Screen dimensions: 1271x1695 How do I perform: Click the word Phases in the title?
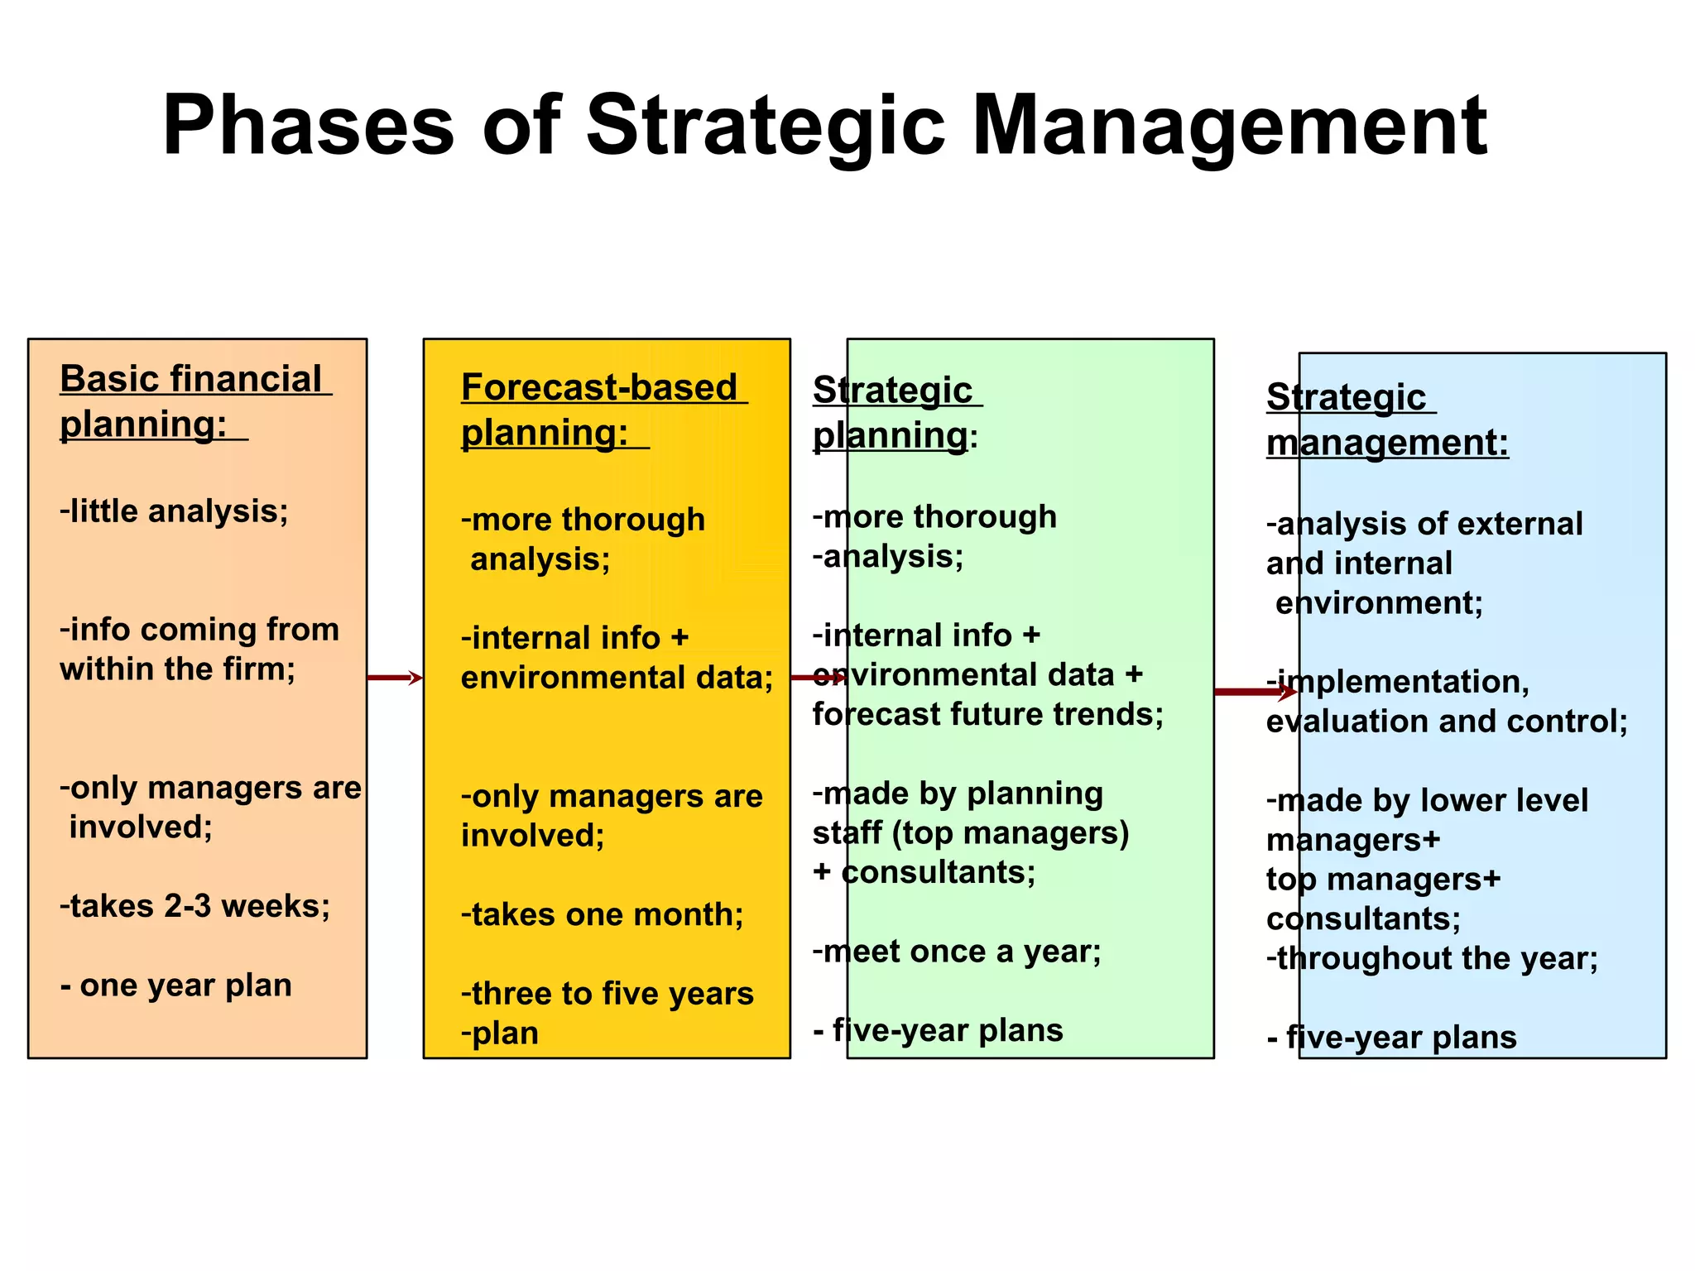coord(308,126)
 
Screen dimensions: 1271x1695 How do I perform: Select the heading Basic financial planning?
coord(194,401)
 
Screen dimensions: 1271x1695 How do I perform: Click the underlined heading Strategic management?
coord(1386,420)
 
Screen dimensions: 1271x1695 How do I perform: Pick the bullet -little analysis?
coord(174,511)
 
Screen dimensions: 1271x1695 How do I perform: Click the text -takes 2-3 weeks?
coord(194,906)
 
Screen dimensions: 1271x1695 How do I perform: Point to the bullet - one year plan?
coord(176,986)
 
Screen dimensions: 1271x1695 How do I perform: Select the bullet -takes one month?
coord(602,914)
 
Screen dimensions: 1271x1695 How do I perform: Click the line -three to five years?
coord(607,993)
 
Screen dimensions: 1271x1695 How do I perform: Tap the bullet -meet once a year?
coord(956,952)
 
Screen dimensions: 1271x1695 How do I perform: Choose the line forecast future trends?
coord(987,714)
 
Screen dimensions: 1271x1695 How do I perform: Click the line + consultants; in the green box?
coord(924,872)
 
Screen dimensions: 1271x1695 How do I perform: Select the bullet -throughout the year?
coord(1432,958)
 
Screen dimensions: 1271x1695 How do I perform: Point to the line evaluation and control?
coord(1446,722)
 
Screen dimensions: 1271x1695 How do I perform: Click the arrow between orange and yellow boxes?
coord(395,678)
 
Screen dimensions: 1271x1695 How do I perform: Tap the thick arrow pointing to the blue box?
coord(1254,692)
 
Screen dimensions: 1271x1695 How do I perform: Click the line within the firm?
coord(177,669)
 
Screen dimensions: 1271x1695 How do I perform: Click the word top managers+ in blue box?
coord(1383,879)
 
